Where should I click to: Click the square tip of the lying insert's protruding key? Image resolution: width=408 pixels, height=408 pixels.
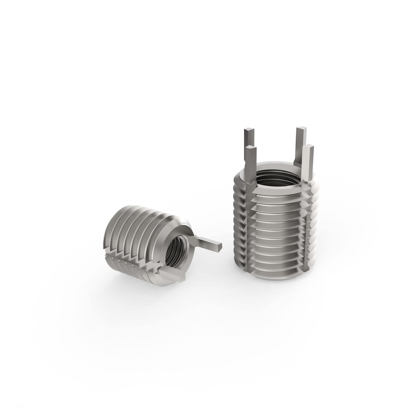pyautogui.click(x=220, y=245)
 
